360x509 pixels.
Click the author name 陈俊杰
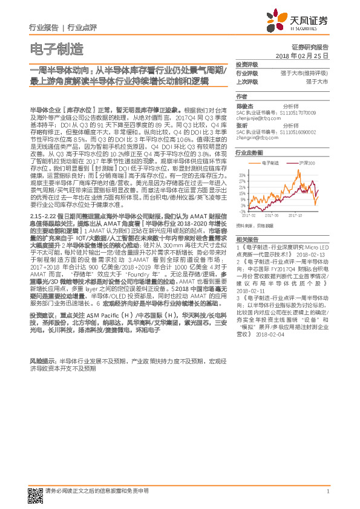point(244,105)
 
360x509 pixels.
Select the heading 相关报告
point(247,240)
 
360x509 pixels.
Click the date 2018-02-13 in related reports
point(313,255)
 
